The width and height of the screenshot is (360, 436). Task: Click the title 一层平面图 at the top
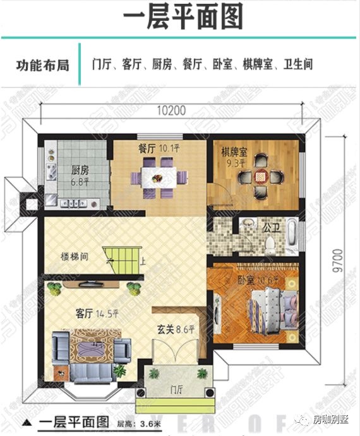tap(180, 17)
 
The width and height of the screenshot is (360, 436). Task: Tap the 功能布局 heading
tap(41, 64)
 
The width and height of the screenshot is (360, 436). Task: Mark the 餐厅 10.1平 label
tap(159, 150)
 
